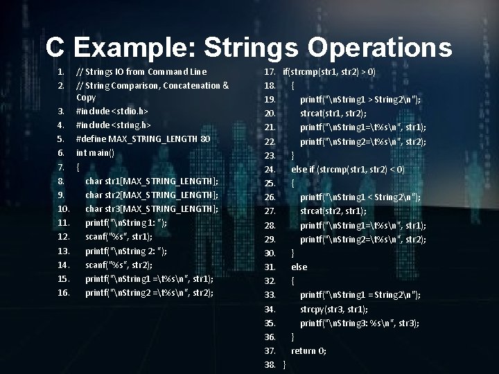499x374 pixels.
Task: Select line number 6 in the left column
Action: pyautogui.click(x=61, y=152)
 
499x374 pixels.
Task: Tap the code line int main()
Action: pyautogui.click(x=95, y=152)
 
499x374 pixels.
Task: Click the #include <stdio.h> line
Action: pyautogui.click(x=111, y=111)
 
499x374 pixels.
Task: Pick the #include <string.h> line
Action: pyautogui.click(x=113, y=125)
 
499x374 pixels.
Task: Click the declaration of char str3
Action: pyautogui.click(x=152, y=208)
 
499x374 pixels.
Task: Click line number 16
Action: pyautogui.click(x=64, y=292)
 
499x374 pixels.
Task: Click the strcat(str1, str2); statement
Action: pyautogui.click(x=333, y=113)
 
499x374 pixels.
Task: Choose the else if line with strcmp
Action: pyautogui.click(x=347, y=169)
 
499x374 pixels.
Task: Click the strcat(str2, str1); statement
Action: pyautogui.click(x=333, y=211)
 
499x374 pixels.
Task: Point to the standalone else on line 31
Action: pyautogui.click(x=299, y=267)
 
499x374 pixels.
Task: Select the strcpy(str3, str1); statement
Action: pyautogui.click(x=333, y=309)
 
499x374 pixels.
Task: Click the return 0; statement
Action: pyautogui.click(x=308, y=350)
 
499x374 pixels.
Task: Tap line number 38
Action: pyautogui.click(x=270, y=364)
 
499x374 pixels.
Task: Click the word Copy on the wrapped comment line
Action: pyautogui.click(x=86, y=98)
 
